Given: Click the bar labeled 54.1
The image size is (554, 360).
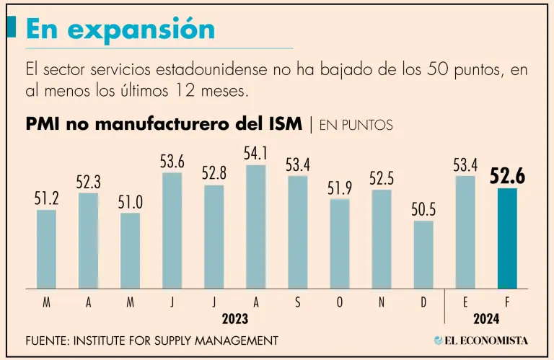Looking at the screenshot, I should tap(255, 227).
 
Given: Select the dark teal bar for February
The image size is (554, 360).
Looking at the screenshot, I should tap(507, 239).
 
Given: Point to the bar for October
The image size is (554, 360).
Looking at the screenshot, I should tap(340, 244).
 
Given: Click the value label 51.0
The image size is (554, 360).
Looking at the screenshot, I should tap(131, 203).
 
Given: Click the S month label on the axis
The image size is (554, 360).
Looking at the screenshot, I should tap(297, 303).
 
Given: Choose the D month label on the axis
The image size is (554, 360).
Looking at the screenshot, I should tap(423, 303).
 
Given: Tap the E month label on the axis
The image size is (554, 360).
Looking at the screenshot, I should tap(465, 303).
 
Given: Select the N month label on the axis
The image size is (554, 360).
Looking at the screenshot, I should tap(382, 303).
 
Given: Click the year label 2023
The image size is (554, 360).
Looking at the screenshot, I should tap(234, 318).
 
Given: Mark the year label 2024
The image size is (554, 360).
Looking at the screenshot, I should tap(485, 318).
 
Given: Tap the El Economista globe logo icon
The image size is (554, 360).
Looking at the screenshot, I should tap(439, 340).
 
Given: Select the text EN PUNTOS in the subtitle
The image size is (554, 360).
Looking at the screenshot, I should tap(356, 125).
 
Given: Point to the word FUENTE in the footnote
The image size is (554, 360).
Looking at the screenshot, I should tap(46, 340).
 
